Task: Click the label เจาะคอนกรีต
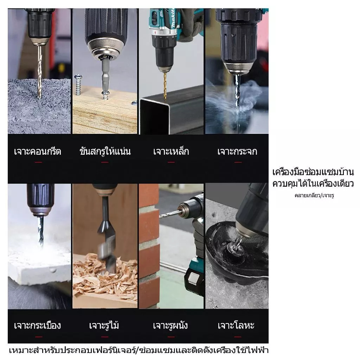coord(38,152)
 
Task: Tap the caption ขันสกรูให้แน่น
coord(105,151)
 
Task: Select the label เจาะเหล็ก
coord(171,151)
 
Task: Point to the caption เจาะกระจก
coord(237,152)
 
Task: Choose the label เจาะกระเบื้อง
coord(37,325)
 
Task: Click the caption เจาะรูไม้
coord(104,325)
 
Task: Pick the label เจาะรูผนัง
coord(171,325)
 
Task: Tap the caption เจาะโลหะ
coord(236,325)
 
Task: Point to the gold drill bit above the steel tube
coord(165,85)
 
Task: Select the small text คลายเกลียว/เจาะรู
coord(314,195)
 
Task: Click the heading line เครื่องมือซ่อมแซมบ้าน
coord(313,172)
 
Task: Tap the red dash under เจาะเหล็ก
coord(171,162)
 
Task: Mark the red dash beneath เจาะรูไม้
coord(105,337)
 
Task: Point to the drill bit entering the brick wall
coord(169,214)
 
